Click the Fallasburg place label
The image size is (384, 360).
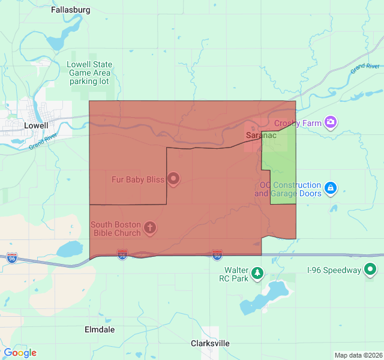tap(71, 10)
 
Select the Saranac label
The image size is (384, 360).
tap(261, 136)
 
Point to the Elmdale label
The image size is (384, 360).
tap(100, 329)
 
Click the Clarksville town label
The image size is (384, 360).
tap(210, 343)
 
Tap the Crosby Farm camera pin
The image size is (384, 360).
tap(330, 123)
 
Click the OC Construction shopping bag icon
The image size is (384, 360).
tap(330, 189)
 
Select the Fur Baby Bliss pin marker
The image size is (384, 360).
tap(173, 178)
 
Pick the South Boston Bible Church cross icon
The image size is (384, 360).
tap(150, 228)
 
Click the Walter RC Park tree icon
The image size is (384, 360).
tap(257, 274)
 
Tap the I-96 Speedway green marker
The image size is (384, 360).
tap(371, 270)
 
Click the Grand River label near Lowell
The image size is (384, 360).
tap(44, 143)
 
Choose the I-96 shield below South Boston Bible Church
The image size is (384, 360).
tap(122, 255)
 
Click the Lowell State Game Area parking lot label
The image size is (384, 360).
tap(89, 73)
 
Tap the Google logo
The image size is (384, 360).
tap(20, 353)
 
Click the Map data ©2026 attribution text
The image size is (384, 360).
tap(358, 355)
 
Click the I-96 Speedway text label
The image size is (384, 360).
tap(334, 270)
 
